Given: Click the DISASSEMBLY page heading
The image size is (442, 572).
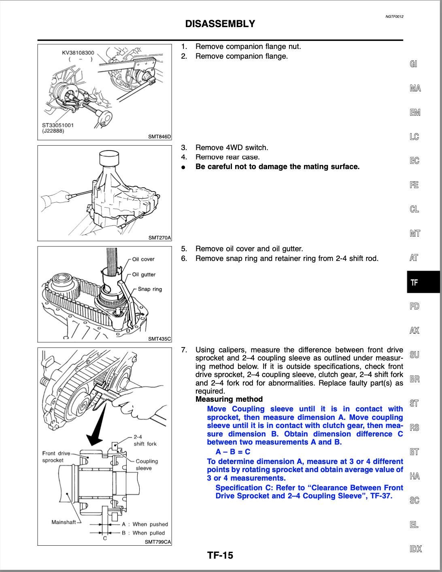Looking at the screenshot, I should [220, 24].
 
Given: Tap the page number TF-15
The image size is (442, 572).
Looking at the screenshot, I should [220, 555].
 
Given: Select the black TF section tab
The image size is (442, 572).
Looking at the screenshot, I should [423, 282].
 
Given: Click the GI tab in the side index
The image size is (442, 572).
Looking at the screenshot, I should [413, 64].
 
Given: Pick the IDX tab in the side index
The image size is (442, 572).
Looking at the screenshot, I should [415, 549].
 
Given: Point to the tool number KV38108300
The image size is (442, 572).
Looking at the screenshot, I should [78, 53].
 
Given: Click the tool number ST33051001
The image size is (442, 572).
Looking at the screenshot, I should [58, 125].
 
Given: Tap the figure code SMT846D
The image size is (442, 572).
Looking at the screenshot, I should [159, 137].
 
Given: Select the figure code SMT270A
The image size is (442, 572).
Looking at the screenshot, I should [159, 238].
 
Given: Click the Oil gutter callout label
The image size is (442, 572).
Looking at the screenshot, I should [144, 275].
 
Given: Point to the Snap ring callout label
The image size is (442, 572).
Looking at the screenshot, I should [150, 289].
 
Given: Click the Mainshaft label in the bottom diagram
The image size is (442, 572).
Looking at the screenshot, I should [64, 522].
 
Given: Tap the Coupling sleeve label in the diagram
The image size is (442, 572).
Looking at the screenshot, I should [147, 464].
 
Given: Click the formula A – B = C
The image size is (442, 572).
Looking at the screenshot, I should [233, 452].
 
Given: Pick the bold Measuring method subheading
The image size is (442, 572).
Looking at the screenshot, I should [229, 399].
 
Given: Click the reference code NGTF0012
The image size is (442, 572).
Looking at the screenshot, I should [394, 17].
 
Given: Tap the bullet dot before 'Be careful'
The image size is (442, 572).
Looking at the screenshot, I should [184, 167].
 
